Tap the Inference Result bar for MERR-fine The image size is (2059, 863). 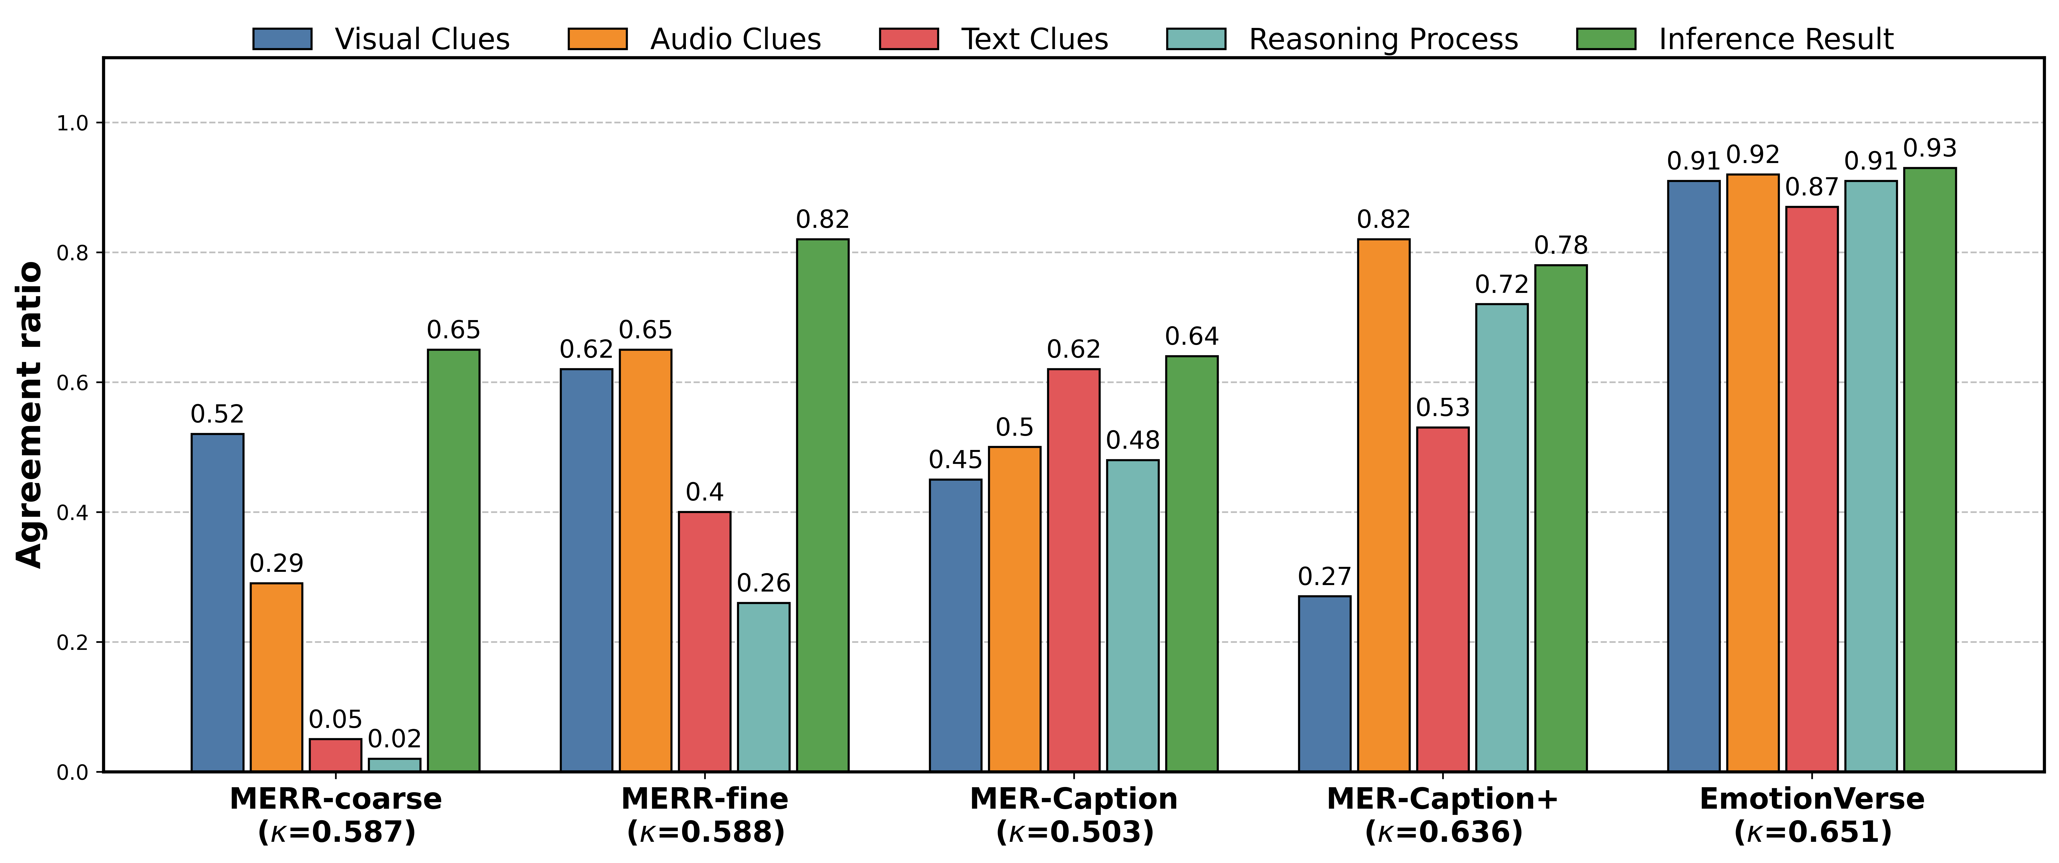tap(823, 505)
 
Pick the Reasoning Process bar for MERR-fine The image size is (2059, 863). tap(763, 687)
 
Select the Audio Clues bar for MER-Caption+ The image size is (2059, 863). tap(1384, 505)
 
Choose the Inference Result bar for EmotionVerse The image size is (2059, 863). tap(1929, 470)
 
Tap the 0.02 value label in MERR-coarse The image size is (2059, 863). tap(394, 739)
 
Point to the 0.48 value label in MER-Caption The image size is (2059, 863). tap(1133, 440)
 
